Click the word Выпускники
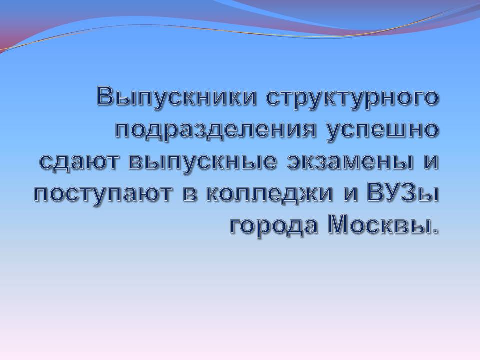(x=177, y=97)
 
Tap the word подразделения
(x=216, y=132)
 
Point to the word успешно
(x=382, y=132)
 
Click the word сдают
(x=79, y=162)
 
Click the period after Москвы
(x=435, y=232)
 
